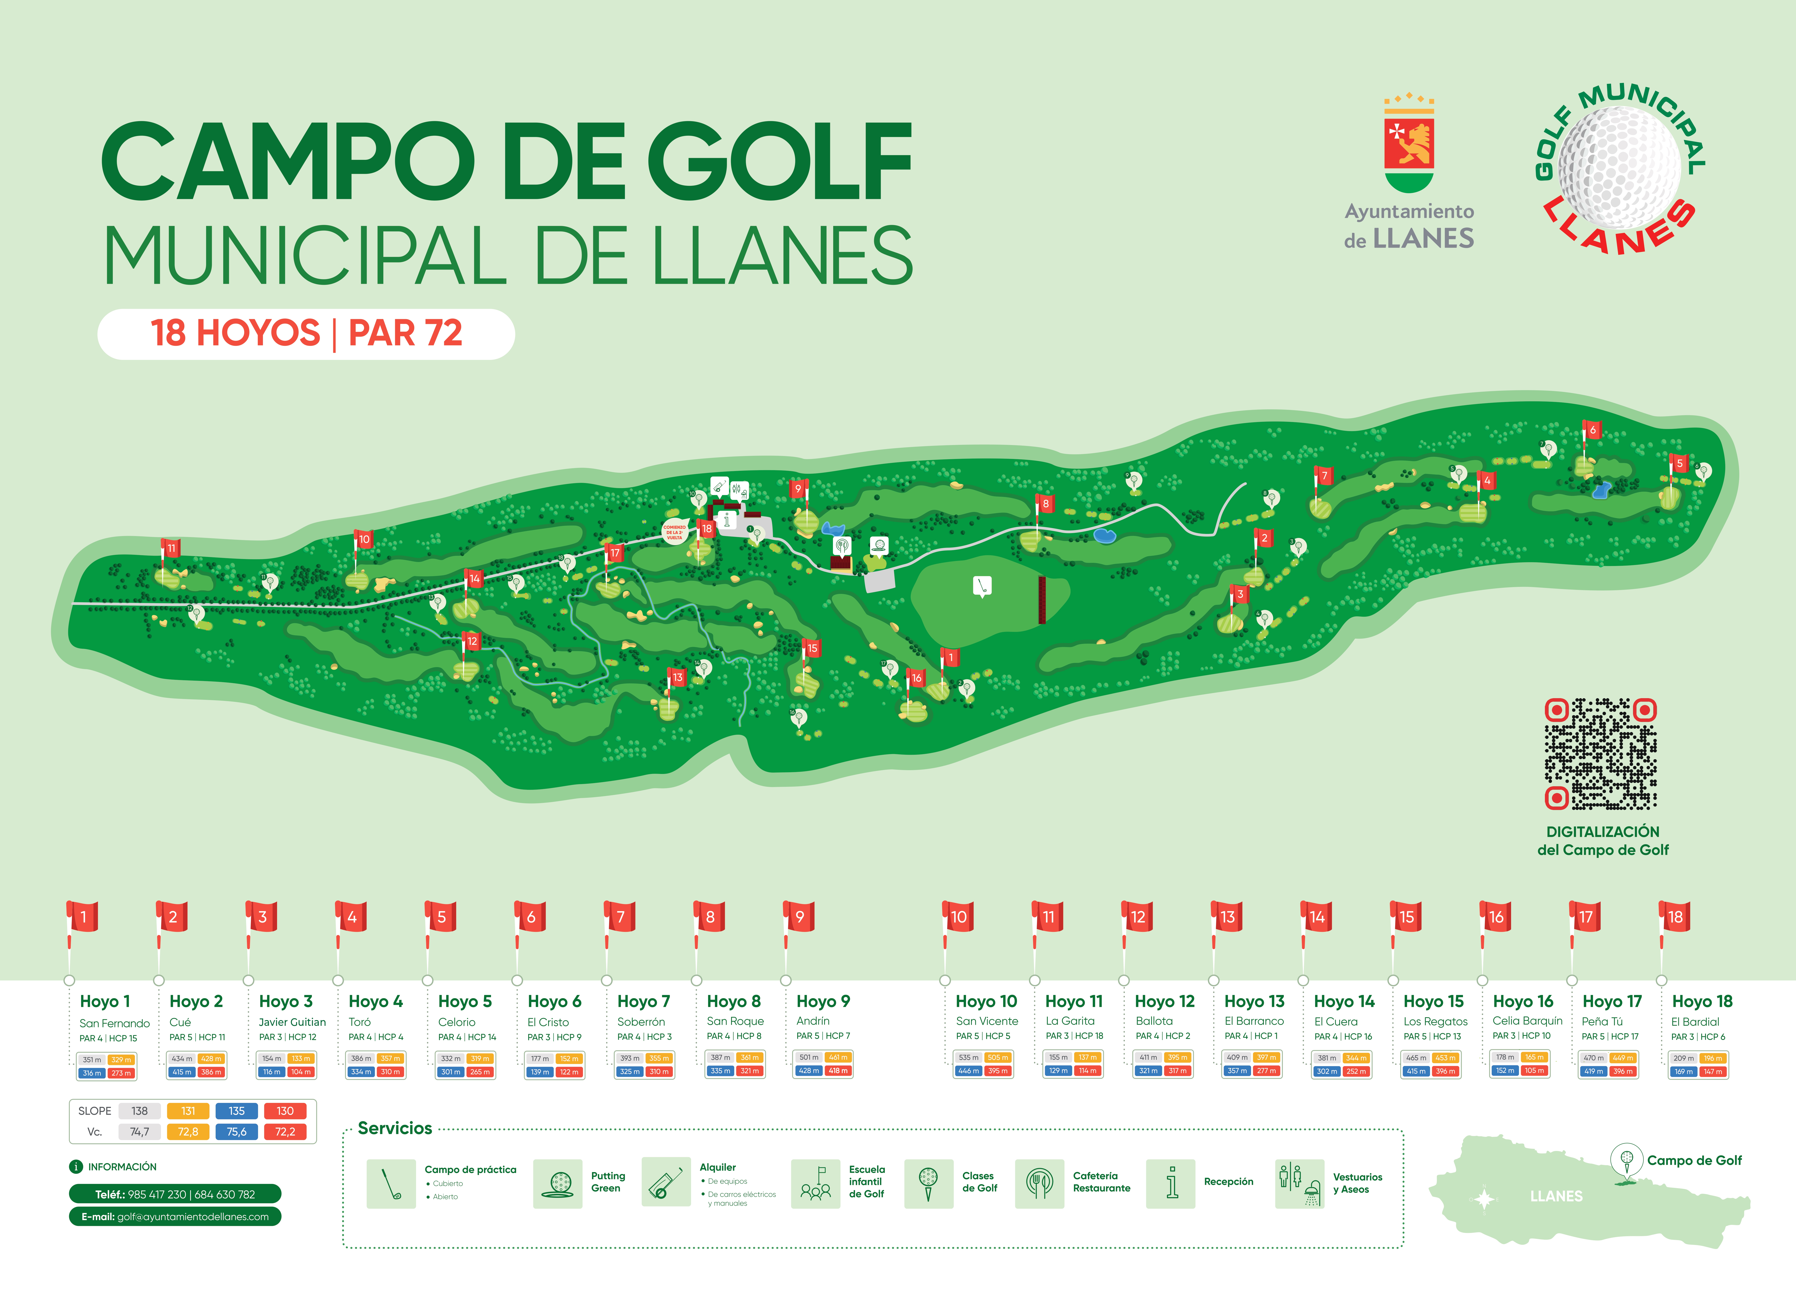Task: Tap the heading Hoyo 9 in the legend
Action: (823, 1001)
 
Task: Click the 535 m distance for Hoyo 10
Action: (969, 1058)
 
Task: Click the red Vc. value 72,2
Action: (285, 1132)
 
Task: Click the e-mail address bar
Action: (175, 1217)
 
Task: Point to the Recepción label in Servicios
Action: (1228, 1182)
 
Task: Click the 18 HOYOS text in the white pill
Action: (235, 333)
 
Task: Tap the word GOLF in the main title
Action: (780, 162)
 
